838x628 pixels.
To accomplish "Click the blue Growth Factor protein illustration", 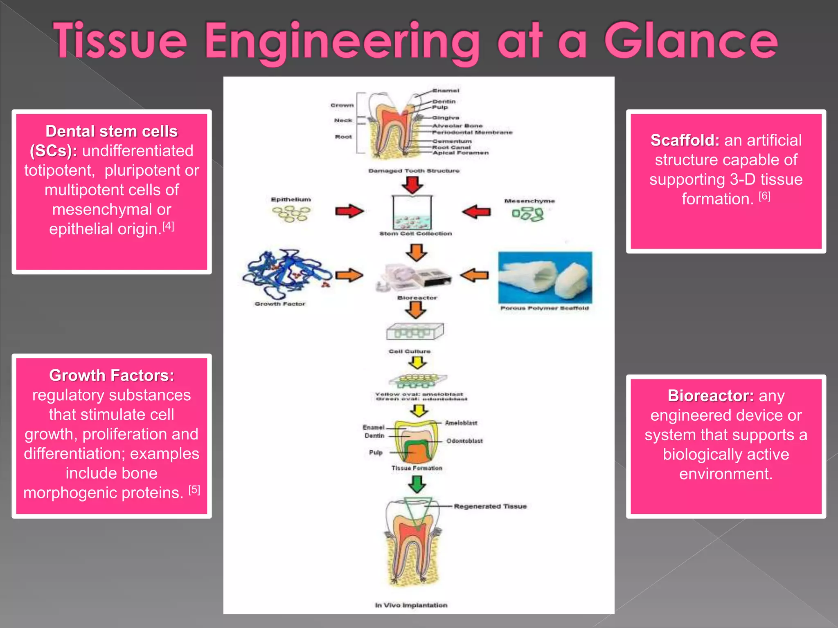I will point(286,274).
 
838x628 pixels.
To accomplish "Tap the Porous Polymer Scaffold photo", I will point(545,278).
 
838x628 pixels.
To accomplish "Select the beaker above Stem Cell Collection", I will point(412,213).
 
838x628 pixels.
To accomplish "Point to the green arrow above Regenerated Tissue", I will point(417,484).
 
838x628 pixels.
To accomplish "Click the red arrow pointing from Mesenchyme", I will point(476,212).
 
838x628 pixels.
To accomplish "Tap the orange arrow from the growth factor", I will point(349,275).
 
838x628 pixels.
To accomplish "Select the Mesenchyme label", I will point(529,201).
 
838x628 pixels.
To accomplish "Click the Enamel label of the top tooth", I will point(446,90).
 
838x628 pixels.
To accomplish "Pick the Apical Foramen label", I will point(461,153).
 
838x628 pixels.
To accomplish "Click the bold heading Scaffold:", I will point(685,140).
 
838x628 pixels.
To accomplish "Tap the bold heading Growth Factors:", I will point(111,375).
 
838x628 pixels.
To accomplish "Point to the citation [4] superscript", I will point(168,226).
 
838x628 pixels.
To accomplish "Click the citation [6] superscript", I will point(764,196).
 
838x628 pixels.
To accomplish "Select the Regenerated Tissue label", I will point(490,506).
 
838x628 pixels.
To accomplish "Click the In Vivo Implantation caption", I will point(411,605).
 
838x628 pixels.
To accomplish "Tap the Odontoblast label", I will point(464,441).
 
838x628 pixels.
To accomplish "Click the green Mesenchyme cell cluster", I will point(528,214).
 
